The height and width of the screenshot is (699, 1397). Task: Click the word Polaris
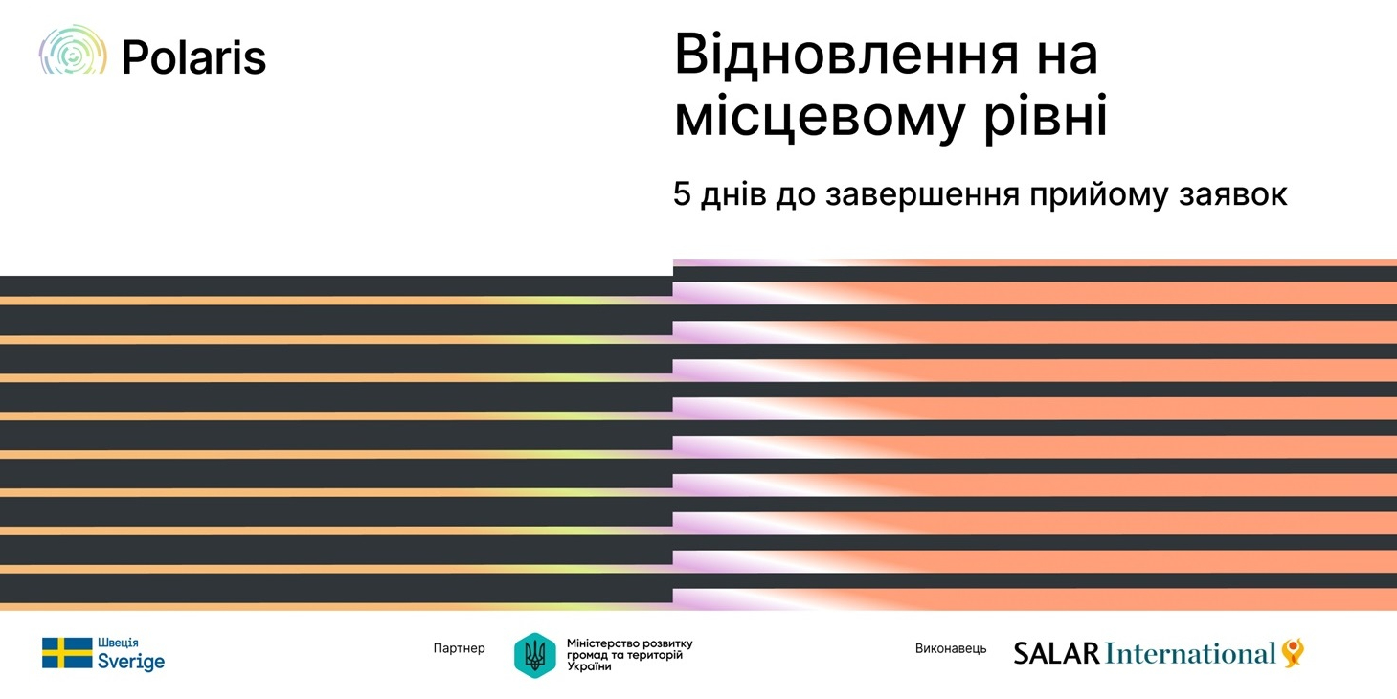pos(194,58)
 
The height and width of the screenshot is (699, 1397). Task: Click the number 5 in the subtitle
pos(682,193)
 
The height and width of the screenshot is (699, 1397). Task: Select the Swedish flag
pos(67,653)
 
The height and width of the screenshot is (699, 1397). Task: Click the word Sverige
pos(131,662)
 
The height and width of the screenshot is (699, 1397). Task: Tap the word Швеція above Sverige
pos(118,643)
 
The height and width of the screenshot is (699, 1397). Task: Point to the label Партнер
pos(459,648)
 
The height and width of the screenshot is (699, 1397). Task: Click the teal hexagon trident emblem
pos(534,655)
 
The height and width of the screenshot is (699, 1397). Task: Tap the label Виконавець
pos(951,648)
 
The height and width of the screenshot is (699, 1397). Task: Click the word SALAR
pos(1056,653)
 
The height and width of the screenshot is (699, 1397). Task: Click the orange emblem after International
pos(1294,652)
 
